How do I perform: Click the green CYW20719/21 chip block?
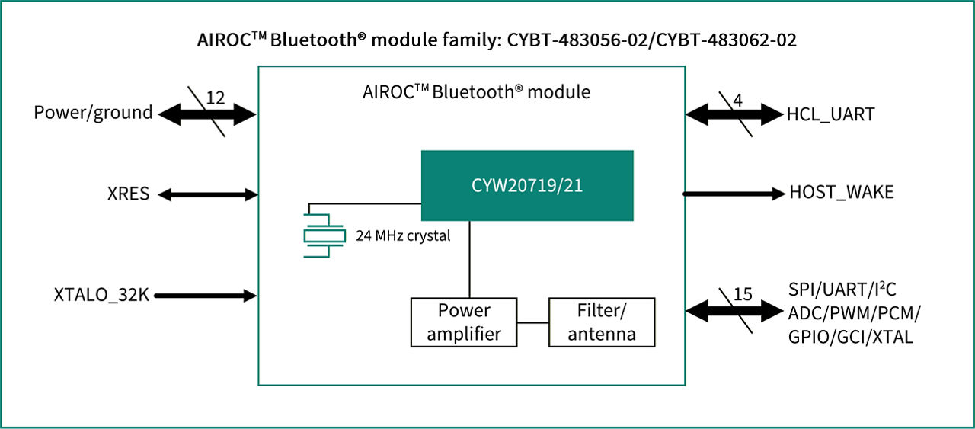(x=527, y=185)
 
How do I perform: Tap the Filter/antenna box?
(x=602, y=322)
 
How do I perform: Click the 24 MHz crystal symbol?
(x=319, y=235)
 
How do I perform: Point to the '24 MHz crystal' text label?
(x=403, y=235)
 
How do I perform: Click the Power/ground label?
(x=93, y=113)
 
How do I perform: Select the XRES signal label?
(x=128, y=194)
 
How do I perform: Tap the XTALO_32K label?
(x=101, y=296)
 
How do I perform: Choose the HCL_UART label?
(x=830, y=115)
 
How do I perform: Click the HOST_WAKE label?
(x=842, y=193)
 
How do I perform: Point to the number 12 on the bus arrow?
(x=216, y=98)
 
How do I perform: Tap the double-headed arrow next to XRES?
(x=208, y=195)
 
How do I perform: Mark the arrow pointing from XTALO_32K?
(x=206, y=296)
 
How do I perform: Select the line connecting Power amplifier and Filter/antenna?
(x=533, y=322)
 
